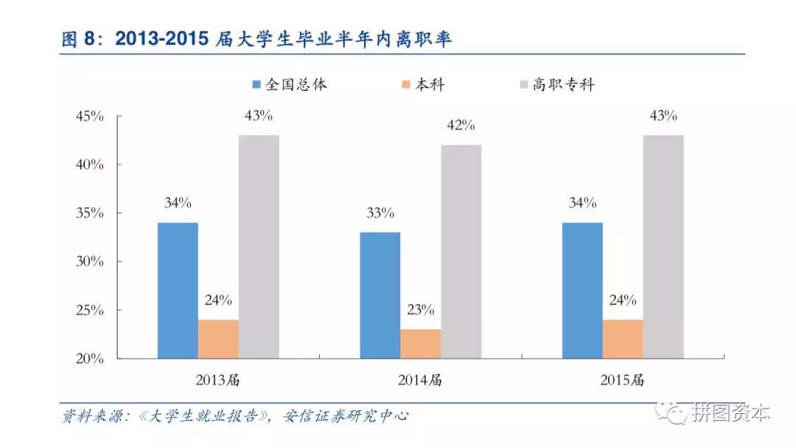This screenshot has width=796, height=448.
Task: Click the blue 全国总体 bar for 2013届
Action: [x=178, y=290]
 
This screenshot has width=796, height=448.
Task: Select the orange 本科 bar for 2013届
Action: [x=218, y=339]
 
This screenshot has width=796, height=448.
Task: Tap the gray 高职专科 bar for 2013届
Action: [x=259, y=247]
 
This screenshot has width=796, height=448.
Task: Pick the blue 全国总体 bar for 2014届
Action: [x=380, y=295]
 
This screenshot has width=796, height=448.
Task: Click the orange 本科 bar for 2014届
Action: [x=421, y=344]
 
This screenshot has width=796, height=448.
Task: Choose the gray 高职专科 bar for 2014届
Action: [x=461, y=252]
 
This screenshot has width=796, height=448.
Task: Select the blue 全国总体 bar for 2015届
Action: [x=582, y=290]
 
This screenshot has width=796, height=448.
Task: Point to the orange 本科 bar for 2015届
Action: [x=623, y=339]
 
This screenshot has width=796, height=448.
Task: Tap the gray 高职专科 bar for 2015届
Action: [x=663, y=247]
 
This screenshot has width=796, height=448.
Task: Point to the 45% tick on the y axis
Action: [x=89, y=116]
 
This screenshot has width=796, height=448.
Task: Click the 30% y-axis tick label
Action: [x=89, y=262]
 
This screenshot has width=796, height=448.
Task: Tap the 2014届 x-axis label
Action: [x=420, y=381]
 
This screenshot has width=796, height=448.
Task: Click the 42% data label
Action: [x=461, y=125]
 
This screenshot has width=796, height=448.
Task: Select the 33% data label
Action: [x=380, y=213]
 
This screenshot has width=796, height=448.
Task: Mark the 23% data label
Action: [x=421, y=310]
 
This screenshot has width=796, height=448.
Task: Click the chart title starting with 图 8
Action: [x=256, y=39]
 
